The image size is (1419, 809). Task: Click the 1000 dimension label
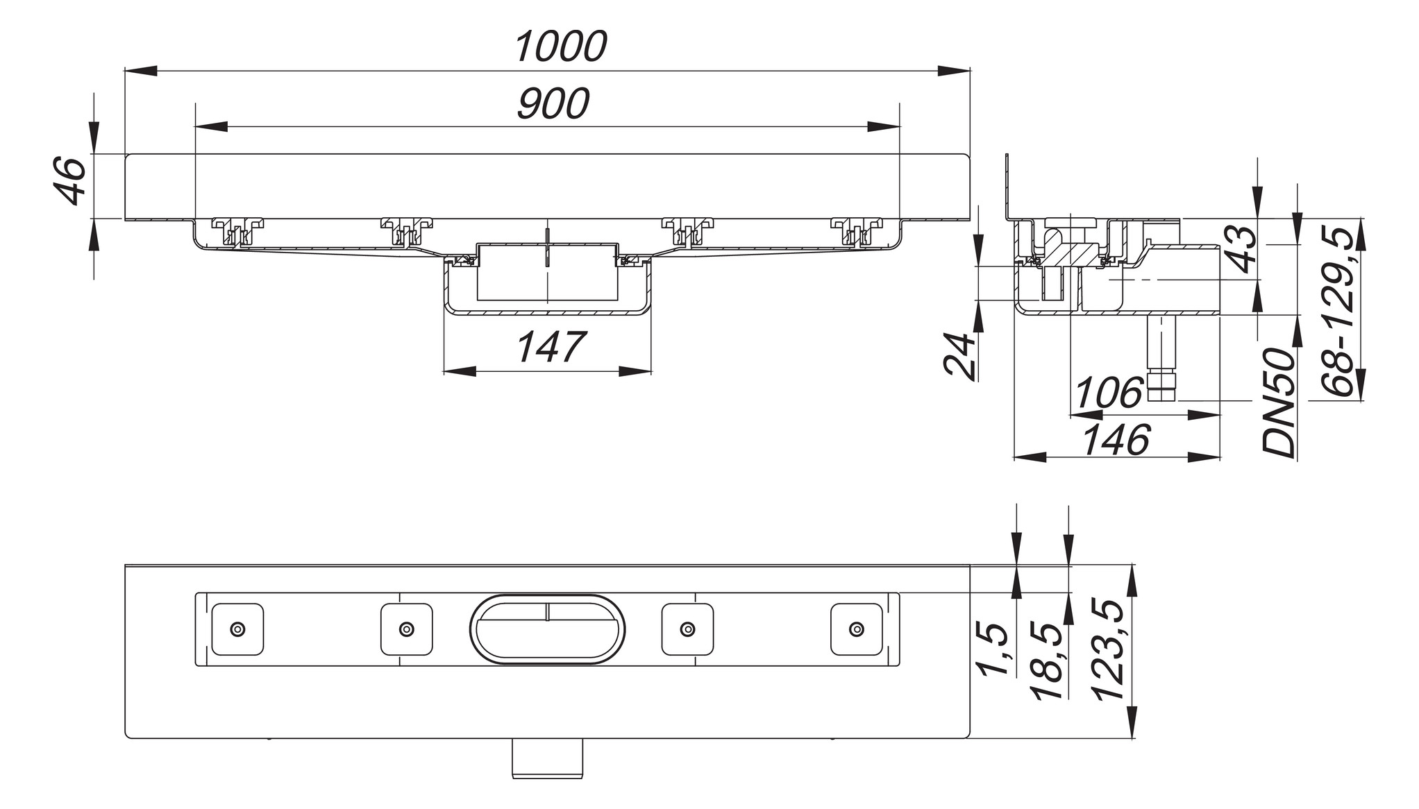pos(561,47)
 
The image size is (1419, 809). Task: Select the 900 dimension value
pos(553,104)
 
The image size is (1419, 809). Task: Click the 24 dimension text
pos(960,356)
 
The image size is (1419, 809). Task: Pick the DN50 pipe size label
pos(1279,403)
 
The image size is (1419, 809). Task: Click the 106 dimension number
pos(1108,393)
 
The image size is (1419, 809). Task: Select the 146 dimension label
pos(1117,439)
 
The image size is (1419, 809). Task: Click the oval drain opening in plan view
pos(548,629)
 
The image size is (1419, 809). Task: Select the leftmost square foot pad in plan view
pos(237,629)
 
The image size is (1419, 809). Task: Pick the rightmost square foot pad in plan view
pos(857,629)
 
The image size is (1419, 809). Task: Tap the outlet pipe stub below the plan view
pos(548,758)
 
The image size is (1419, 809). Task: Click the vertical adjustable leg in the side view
pos(1161,359)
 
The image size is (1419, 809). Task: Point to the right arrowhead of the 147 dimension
pos(635,372)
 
